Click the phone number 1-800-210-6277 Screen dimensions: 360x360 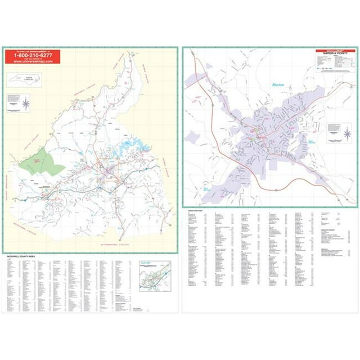(x=29, y=56)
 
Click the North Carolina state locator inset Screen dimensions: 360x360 (x=26, y=80)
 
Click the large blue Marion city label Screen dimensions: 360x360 (x=277, y=85)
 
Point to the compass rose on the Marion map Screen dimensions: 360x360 (x=347, y=134)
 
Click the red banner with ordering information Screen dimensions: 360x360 (x=29, y=57)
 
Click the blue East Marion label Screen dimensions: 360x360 (x=313, y=142)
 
